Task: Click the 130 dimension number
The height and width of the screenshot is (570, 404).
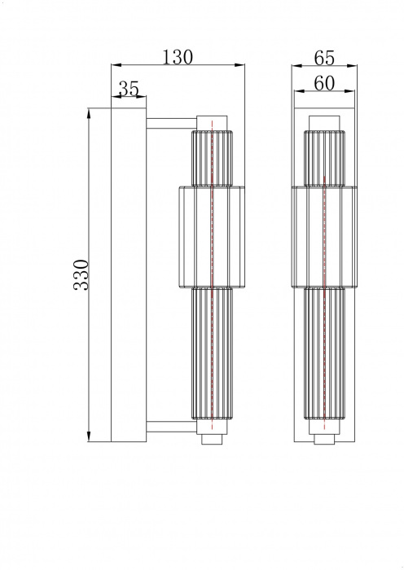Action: pos(178,56)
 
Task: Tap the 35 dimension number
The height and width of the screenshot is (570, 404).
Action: pos(129,89)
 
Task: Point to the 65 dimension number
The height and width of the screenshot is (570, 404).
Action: pos(324,56)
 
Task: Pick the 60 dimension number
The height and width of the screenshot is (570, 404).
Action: pos(324,81)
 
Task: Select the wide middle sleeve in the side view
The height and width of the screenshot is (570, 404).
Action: pos(211,236)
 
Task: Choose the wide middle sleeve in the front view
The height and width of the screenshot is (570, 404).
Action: pos(323,236)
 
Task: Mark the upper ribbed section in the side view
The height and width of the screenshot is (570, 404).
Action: pos(212,157)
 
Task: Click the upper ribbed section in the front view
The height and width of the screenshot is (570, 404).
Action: pos(323,157)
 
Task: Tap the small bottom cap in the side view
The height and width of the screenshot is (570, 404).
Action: pos(212,441)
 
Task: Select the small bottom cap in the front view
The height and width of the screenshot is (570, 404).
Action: pos(323,441)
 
